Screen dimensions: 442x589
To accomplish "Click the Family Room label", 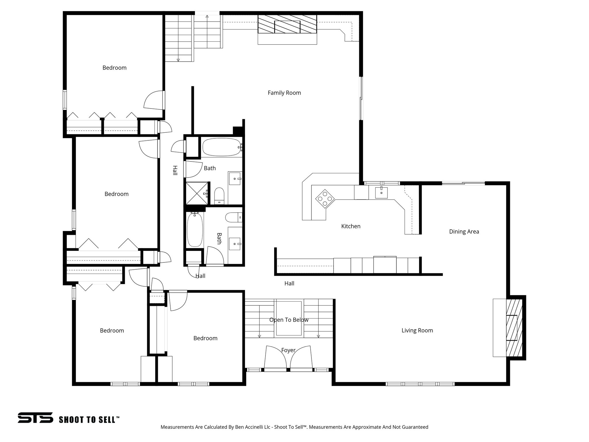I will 284,93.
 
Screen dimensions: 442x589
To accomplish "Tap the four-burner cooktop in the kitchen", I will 325,199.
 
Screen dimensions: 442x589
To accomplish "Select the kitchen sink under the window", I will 381,193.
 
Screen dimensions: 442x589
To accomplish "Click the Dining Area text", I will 464,231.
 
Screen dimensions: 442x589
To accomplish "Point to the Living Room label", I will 417,330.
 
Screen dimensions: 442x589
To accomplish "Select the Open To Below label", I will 289,320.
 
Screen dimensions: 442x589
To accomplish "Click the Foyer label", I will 288,350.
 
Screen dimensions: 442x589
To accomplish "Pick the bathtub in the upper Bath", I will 221,147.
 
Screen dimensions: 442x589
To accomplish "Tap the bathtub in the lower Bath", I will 195,229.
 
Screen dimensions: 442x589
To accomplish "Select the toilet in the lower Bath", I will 233,217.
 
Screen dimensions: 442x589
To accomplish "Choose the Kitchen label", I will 351,226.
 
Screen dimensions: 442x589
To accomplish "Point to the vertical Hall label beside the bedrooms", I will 175,170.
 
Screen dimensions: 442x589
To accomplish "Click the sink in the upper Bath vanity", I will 235,179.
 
